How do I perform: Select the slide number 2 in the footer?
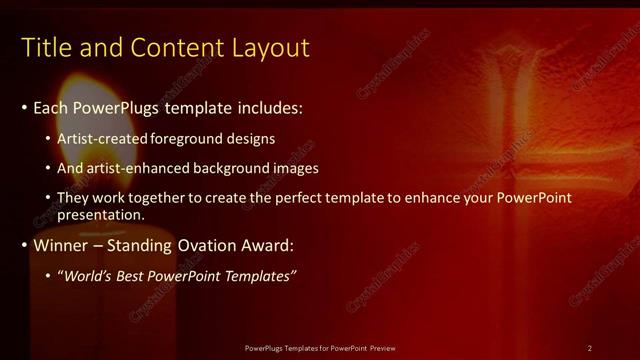click(x=590, y=347)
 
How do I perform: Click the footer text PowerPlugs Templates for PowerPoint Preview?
click(x=320, y=347)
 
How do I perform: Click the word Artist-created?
click(x=100, y=138)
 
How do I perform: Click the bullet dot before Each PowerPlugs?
click(x=25, y=107)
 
